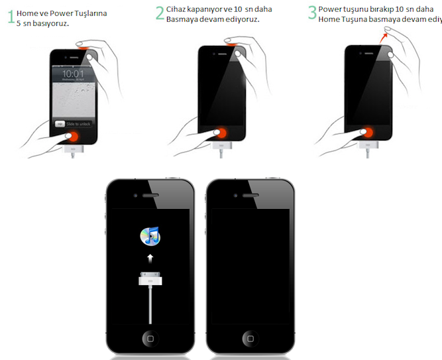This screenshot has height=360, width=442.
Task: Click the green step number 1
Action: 11,17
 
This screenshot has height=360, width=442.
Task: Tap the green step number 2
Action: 160,13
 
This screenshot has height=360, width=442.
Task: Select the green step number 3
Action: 312,13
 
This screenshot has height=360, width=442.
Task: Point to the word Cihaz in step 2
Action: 176,9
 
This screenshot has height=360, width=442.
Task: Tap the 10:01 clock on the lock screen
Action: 73,74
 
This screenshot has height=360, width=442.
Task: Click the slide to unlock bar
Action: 74,124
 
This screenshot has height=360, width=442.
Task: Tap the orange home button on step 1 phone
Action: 74,137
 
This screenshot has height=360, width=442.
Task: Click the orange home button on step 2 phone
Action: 221,133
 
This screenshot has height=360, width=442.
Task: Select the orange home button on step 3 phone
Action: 368,132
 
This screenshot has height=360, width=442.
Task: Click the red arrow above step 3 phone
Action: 384,37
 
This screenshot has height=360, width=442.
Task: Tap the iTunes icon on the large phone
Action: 150,235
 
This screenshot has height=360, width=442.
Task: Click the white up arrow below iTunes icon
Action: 150,259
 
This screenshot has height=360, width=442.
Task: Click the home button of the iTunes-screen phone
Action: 150,338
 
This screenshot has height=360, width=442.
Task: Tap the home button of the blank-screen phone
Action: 250,338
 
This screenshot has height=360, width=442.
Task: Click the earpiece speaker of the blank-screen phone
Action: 250,195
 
